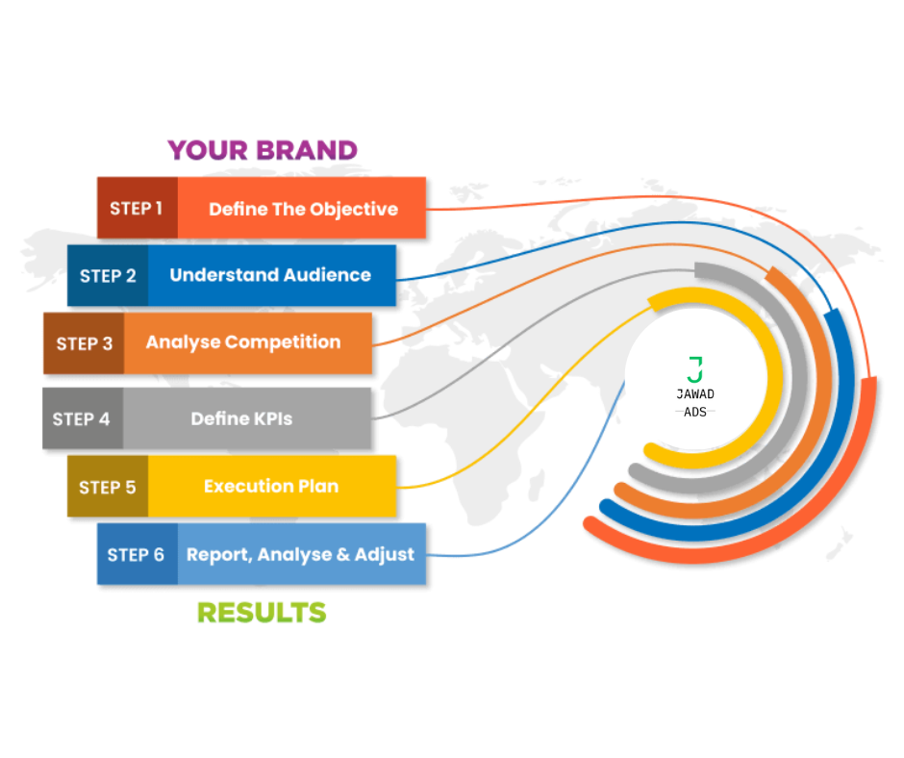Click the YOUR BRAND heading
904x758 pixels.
pos(263,150)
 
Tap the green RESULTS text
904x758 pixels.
pos(262,613)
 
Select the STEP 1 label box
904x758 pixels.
pos(138,208)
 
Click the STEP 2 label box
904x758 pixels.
pos(108,276)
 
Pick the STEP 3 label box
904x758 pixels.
pos(84,343)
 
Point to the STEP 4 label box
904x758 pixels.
pos(83,418)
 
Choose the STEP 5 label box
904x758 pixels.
pos(108,487)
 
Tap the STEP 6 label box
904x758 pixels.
pos(138,554)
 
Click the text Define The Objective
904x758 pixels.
pos(303,209)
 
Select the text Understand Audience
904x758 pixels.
pos(270,274)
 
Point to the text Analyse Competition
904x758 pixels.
pos(243,342)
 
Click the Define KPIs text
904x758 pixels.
pos(241,418)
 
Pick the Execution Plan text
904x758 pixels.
pos(271,487)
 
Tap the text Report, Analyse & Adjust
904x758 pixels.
pos(300,554)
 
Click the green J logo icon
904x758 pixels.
pos(695,369)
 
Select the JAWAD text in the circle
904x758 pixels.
pos(695,394)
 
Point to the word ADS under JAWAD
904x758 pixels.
pos(695,412)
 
